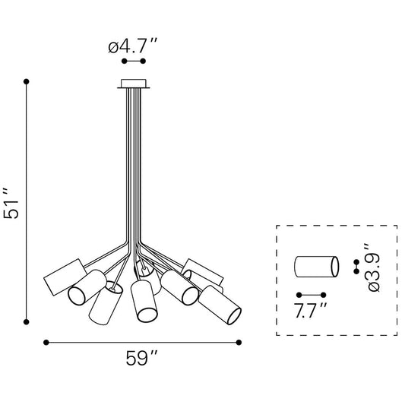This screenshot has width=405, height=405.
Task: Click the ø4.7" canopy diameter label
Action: pos(132,46)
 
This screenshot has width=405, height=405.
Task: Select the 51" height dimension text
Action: pos(10,203)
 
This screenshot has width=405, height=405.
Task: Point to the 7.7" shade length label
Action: pos(312,309)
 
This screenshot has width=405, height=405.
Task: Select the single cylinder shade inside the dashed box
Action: pos(315,267)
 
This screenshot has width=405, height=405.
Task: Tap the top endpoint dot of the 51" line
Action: pos(27,81)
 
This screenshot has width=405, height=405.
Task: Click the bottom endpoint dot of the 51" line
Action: pos(27,320)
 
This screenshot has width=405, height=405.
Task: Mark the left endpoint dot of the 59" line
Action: pos(45,342)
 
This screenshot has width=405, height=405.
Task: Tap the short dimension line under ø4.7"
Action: pos(134,61)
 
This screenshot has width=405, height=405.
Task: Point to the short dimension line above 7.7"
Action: pos(312,294)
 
